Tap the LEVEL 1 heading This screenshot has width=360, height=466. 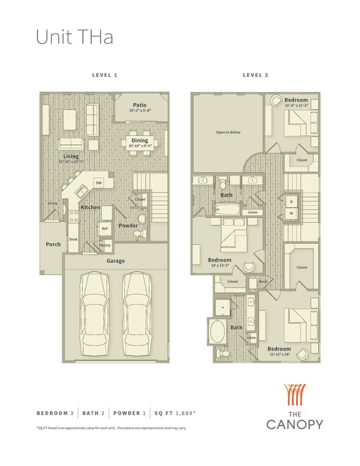point(105,75)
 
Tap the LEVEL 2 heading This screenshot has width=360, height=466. point(256,75)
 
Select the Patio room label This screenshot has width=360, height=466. point(139,104)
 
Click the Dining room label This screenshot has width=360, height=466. point(139,141)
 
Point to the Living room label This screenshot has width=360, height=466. point(71,156)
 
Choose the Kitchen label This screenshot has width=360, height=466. point(90,207)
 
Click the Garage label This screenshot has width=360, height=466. point(115,261)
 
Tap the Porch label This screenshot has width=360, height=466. point(53,244)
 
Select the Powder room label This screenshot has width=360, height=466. point(129,226)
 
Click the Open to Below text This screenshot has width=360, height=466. point(228,133)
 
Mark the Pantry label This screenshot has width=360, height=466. point(105,245)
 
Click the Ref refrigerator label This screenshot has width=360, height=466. point(104,228)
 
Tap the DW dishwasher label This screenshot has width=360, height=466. point(98,183)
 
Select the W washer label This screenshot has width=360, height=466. point(291,213)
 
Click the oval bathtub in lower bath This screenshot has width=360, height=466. point(219,332)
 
